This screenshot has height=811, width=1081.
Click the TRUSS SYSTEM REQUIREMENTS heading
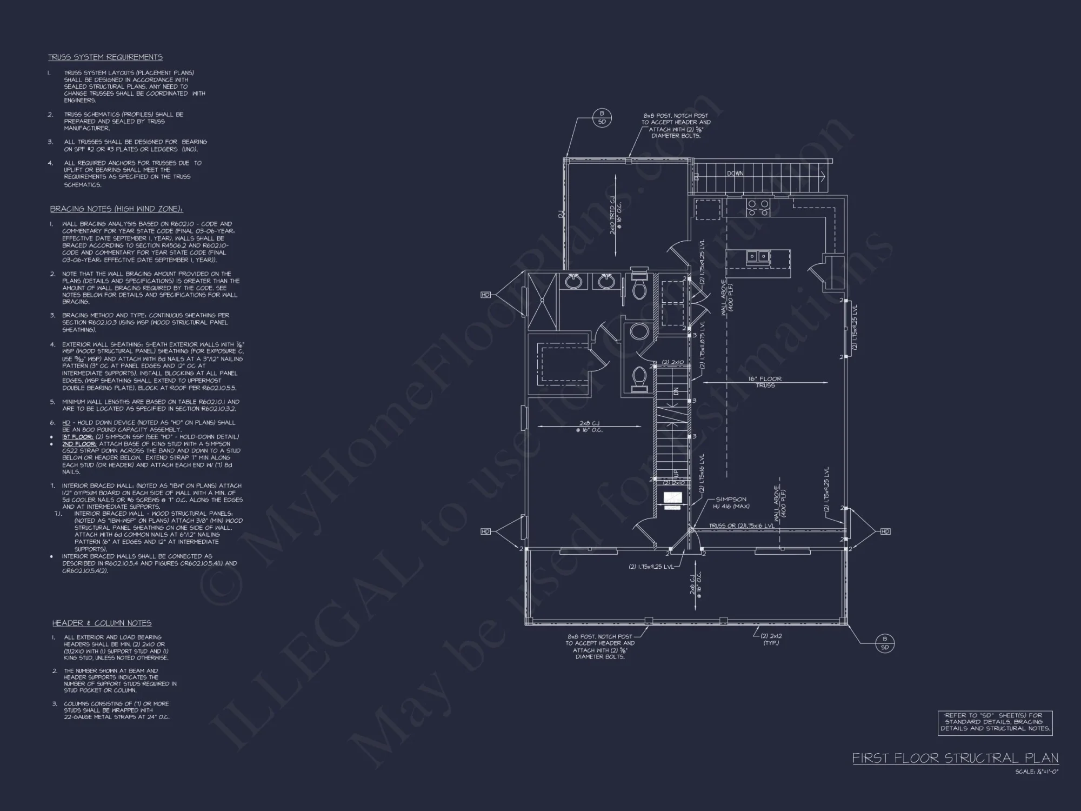coord(105,57)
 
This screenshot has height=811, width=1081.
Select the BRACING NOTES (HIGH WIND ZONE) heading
coord(116,209)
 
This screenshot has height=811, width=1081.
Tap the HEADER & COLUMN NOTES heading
coord(102,623)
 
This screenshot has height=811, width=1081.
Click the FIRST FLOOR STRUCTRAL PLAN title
coord(955,758)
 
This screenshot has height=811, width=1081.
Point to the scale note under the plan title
coord(1036,772)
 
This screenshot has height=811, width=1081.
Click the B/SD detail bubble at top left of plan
coord(602,117)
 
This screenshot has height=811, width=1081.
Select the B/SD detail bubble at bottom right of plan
coord(885,643)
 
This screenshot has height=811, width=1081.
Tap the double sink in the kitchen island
coord(757,256)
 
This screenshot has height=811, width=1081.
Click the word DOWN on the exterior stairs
coord(735,174)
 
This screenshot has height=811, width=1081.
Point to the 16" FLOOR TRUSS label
coord(765,382)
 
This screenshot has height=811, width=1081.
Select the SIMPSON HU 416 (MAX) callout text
coord(731,503)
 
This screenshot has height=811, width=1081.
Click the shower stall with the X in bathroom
coord(541,301)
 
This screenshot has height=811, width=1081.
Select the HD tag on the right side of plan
coord(885,531)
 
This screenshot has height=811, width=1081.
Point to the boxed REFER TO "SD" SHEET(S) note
coord(995,722)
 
